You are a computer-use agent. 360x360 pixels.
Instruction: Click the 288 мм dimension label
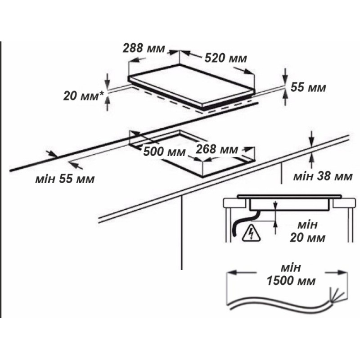pyautogui.click(x=144, y=48)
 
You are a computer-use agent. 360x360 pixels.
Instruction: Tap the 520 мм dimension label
pyautogui.click(x=226, y=58)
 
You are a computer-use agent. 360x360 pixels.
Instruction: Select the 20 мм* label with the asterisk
pyautogui.click(x=84, y=96)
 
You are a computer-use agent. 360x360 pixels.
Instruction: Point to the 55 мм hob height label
pyautogui.click(x=308, y=87)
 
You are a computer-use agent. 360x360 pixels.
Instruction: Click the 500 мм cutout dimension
pyautogui.click(x=164, y=152)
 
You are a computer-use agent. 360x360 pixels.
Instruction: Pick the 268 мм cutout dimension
pyautogui.click(x=216, y=149)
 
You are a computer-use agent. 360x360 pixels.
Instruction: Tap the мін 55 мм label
pyautogui.click(x=65, y=179)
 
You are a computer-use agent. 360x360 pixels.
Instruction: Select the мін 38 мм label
pyautogui.click(x=323, y=176)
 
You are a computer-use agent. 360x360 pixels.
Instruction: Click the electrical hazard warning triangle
pyautogui.click(x=252, y=234)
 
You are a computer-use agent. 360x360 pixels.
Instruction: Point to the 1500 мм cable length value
pyautogui.click(x=291, y=280)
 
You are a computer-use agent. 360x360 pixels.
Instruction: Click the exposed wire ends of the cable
pyautogui.click(x=337, y=296)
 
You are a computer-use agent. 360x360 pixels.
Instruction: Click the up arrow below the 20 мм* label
pyautogui.click(x=107, y=104)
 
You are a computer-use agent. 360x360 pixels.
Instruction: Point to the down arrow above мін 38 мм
pyautogui.click(x=311, y=139)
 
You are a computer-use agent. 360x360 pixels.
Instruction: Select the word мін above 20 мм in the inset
pyautogui.click(x=307, y=225)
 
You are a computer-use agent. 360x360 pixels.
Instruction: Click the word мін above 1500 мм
pyautogui.click(x=291, y=268)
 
